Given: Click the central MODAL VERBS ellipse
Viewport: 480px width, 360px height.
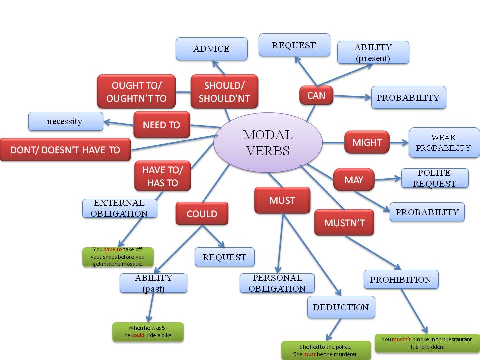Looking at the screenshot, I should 267,142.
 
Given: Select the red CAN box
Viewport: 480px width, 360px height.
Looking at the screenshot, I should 316,95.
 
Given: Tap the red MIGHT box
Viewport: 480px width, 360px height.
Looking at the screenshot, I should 367,143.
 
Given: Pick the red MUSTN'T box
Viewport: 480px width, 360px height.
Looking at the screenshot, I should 344,223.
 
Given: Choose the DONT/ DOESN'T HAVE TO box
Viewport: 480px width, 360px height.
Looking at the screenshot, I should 65,150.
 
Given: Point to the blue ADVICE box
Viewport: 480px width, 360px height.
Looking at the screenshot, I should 211,49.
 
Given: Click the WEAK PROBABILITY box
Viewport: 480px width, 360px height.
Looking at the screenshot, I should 443,143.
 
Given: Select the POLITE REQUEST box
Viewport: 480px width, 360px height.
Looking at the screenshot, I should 435,178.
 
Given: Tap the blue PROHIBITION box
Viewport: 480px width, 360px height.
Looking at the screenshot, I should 401,279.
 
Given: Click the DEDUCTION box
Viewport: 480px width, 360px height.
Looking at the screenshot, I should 341,307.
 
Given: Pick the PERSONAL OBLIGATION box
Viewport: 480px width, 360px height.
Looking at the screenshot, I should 277,283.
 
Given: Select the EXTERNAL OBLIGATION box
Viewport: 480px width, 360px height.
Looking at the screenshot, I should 120,208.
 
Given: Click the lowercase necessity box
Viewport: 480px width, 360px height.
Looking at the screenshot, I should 65,121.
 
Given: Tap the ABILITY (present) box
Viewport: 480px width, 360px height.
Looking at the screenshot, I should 373,52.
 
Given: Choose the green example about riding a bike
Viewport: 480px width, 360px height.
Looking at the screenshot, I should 148,332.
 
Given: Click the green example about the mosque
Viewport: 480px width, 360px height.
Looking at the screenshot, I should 118,257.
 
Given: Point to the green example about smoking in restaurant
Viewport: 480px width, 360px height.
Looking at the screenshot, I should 427,343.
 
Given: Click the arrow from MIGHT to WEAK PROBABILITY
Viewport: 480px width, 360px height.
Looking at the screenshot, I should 398,143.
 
